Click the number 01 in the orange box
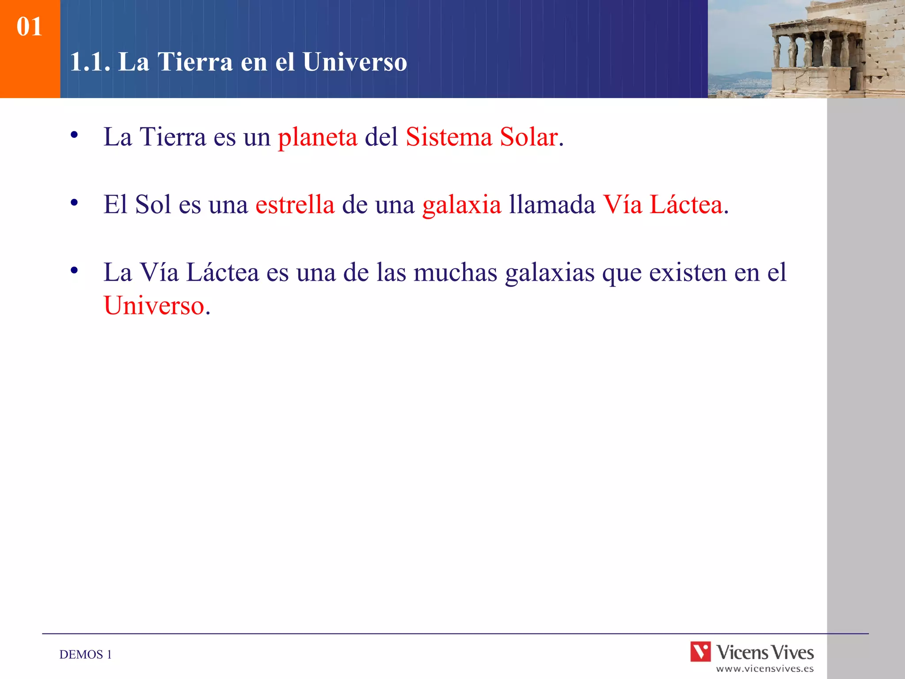click(29, 27)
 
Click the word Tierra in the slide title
click(195, 61)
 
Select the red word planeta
click(317, 137)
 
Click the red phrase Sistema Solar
click(482, 137)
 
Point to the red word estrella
click(295, 205)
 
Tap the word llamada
click(552, 205)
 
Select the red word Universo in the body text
click(154, 305)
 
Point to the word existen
click(688, 272)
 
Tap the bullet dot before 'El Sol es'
click(74, 202)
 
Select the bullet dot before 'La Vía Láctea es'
click(74, 270)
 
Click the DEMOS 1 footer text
click(85, 654)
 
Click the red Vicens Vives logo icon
click(700, 652)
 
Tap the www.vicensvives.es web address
click(764, 669)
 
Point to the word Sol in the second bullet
click(152, 205)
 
